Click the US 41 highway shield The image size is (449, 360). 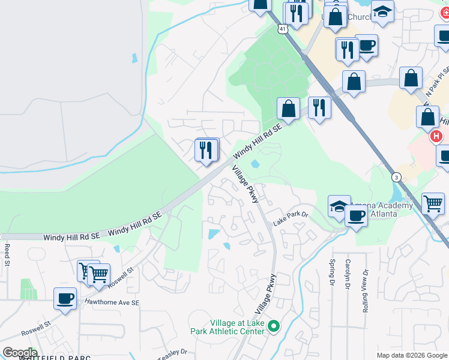click(x=282, y=28)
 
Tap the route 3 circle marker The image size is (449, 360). click(x=396, y=177)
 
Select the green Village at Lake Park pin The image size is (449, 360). click(x=274, y=327)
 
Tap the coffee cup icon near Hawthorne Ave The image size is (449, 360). click(x=65, y=298)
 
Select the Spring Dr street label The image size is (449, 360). click(x=331, y=272)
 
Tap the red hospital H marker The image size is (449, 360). click(x=436, y=137)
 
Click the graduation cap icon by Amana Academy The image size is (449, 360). click(x=340, y=206)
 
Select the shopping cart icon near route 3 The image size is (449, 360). click(x=433, y=203)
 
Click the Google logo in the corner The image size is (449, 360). click(x=19, y=352)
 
